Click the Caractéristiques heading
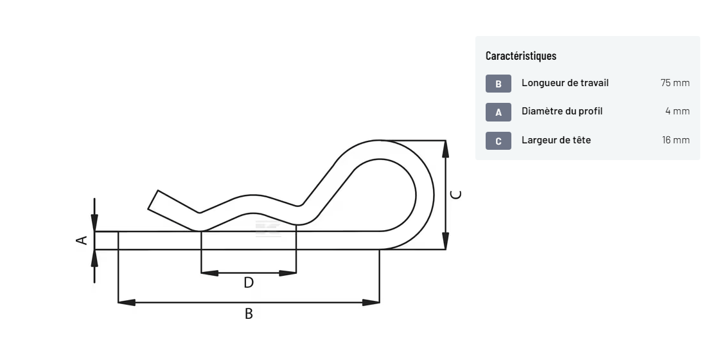pyautogui.click(x=521, y=56)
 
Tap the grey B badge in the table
pyautogui.click(x=499, y=84)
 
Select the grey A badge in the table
pyautogui.click(x=499, y=113)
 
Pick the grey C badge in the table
pyautogui.click(x=499, y=141)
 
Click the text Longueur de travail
pyautogui.click(x=565, y=83)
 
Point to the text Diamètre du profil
pyautogui.click(x=562, y=111)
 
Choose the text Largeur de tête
pyautogui.click(x=556, y=140)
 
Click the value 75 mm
pyautogui.click(x=675, y=83)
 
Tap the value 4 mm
pyautogui.click(x=677, y=111)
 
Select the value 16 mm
pyautogui.click(x=676, y=140)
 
